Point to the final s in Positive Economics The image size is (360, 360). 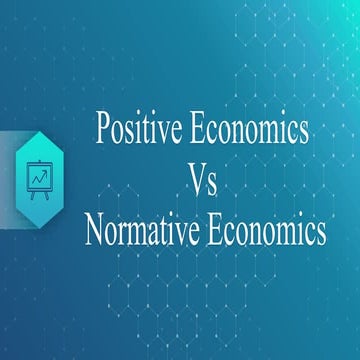[x=303, y=132]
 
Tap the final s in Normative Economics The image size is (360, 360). [x=320, y=236]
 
